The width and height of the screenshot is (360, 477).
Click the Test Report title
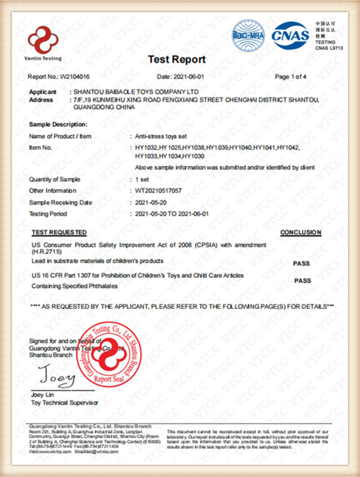click(176, 59)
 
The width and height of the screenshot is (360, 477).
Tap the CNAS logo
click(290, 35)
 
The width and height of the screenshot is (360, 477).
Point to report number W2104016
click(75, 77)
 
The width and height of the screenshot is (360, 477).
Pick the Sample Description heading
click(58, 124)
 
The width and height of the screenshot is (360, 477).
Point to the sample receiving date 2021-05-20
click(152, 202)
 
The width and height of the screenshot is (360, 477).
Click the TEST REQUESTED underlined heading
click(58, 232)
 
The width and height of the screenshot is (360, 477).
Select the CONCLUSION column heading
click(301, 232)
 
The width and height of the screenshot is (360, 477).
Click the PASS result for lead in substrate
click(301, 263)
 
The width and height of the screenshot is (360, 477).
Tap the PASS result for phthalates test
click(303, 280)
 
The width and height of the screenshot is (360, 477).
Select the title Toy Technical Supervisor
click(64, 403)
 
